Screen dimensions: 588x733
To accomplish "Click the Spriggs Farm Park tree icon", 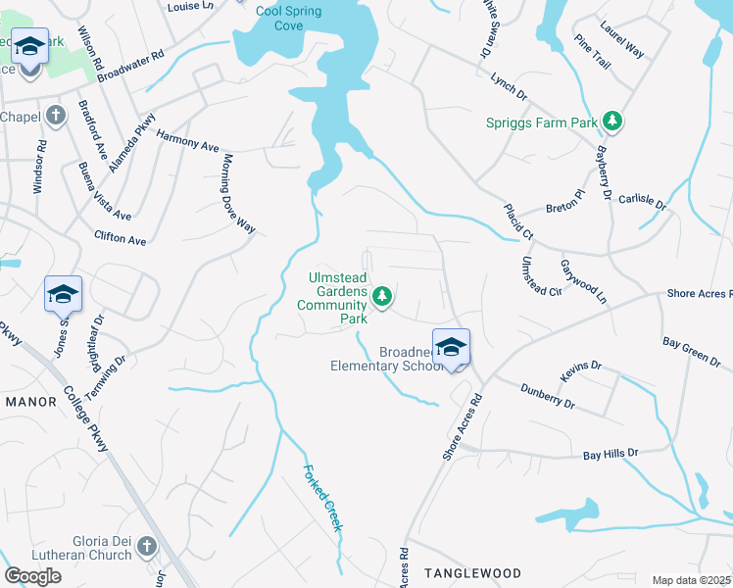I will pos(612,122).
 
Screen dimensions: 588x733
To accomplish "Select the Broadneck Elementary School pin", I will pos(451,348).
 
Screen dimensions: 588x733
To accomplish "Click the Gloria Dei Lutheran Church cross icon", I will pos(146,545).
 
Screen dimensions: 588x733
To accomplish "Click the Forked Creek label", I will pos(323,498).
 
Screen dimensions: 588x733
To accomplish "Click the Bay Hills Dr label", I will pos(611,454).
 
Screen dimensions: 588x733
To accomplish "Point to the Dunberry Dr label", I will pos(546,396).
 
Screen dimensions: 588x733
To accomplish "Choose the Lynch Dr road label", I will pos(510,91).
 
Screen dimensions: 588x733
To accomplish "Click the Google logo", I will pos(32,576).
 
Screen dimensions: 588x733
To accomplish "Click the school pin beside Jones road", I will pos(63,293).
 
